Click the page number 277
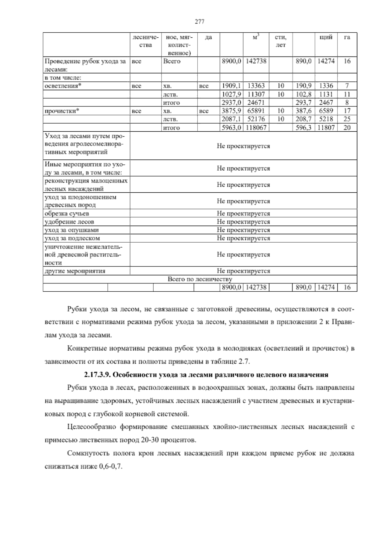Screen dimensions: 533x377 pyautogui.click(x=199, y=22)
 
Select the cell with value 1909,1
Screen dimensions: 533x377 pyautogui.click(x=231, y=86)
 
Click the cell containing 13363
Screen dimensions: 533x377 pyautogui.click(x=256, y=86)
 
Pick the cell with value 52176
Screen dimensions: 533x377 pyautogui.click(x=256, y=119)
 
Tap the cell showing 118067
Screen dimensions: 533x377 pyautogui.click(x=256, y=128)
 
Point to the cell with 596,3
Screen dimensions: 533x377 pyautogui.click(x=303, y=128)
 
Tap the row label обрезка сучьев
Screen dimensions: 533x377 pyautogui.click(x=67, y=214)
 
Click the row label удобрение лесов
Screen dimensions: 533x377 pyautogui.click(x=69, y=222)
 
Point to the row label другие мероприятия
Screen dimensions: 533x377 pyautogui.click(x=75, y=271)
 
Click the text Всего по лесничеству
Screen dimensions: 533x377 pyautogui.click(x=200, y=279)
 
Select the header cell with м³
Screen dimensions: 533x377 pyautogui.click(x=256, y=37)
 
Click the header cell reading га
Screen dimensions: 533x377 pyautogui.click(x=347, y=37)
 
